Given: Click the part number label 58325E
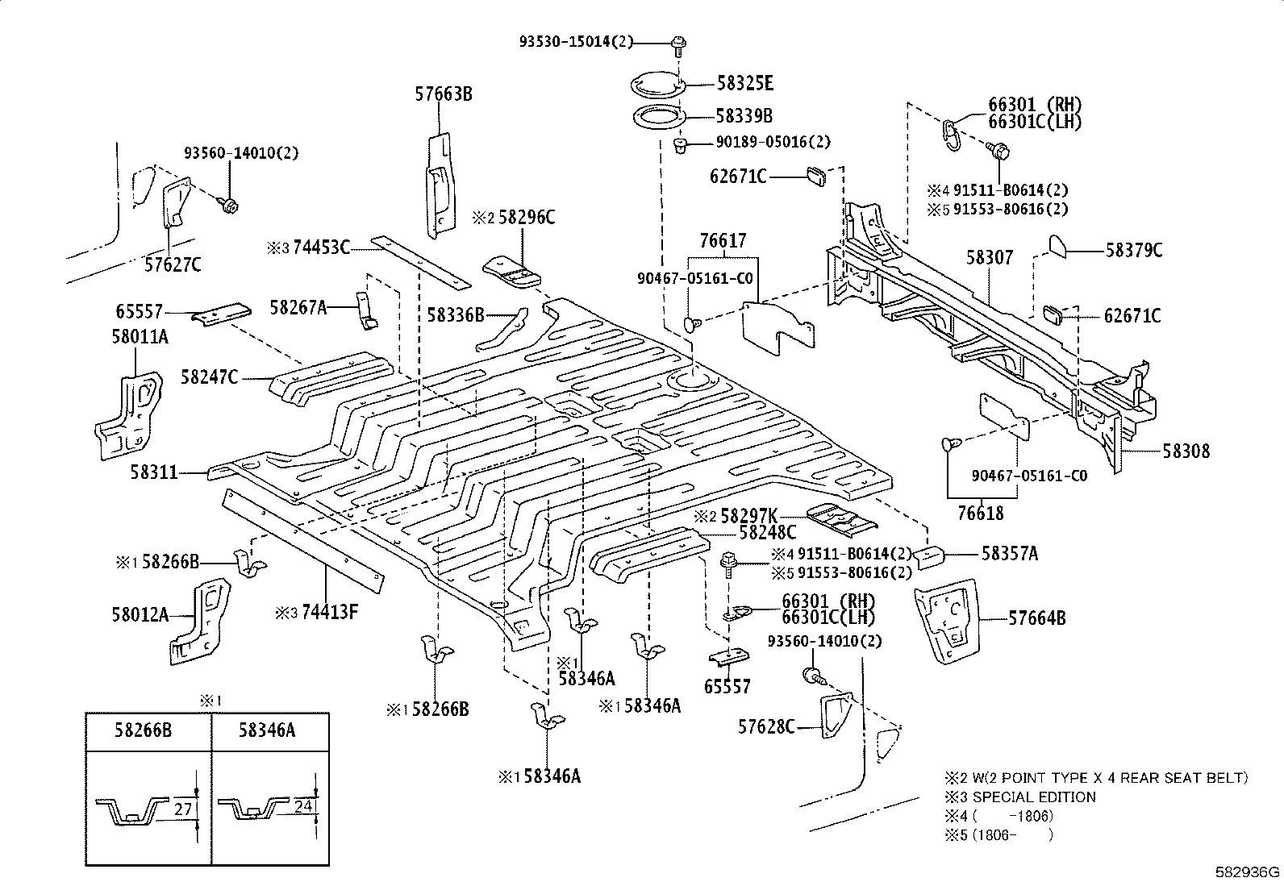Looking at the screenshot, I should [744, 83].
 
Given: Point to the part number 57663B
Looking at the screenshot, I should [444, 94].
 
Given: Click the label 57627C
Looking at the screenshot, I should [173, 264].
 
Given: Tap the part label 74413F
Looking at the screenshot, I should [328, 612].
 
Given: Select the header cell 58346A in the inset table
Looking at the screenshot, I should [267, 730].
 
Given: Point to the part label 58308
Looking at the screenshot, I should [1186, 451].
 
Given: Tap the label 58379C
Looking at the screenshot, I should [1133, 250].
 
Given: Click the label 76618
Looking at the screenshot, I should [980, 514].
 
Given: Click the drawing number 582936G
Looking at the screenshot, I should [1248, 872].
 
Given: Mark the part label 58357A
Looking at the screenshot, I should [1010, 554].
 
